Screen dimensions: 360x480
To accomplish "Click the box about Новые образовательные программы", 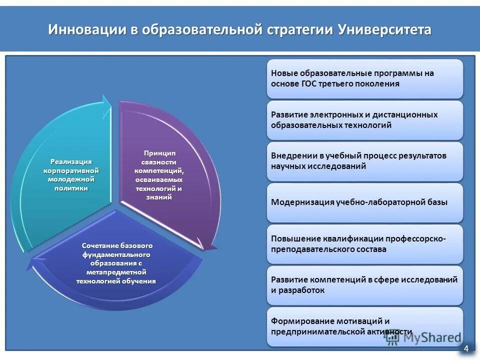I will [365, 78].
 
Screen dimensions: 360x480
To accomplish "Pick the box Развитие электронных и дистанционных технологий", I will [365, 120].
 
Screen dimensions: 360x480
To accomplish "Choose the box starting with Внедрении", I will [365, 161].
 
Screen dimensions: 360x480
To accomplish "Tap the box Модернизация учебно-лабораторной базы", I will [365, 202].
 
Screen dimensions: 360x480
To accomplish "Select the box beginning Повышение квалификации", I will [365, 244].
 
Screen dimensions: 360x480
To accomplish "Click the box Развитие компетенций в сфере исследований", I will [365, 285].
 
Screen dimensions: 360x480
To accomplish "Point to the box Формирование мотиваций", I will [365, 326].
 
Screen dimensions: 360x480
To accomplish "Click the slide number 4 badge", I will [466, 348].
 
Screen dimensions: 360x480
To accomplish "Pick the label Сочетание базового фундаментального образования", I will [117, 263].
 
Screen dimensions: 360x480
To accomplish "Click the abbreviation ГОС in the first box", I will [309, 83].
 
